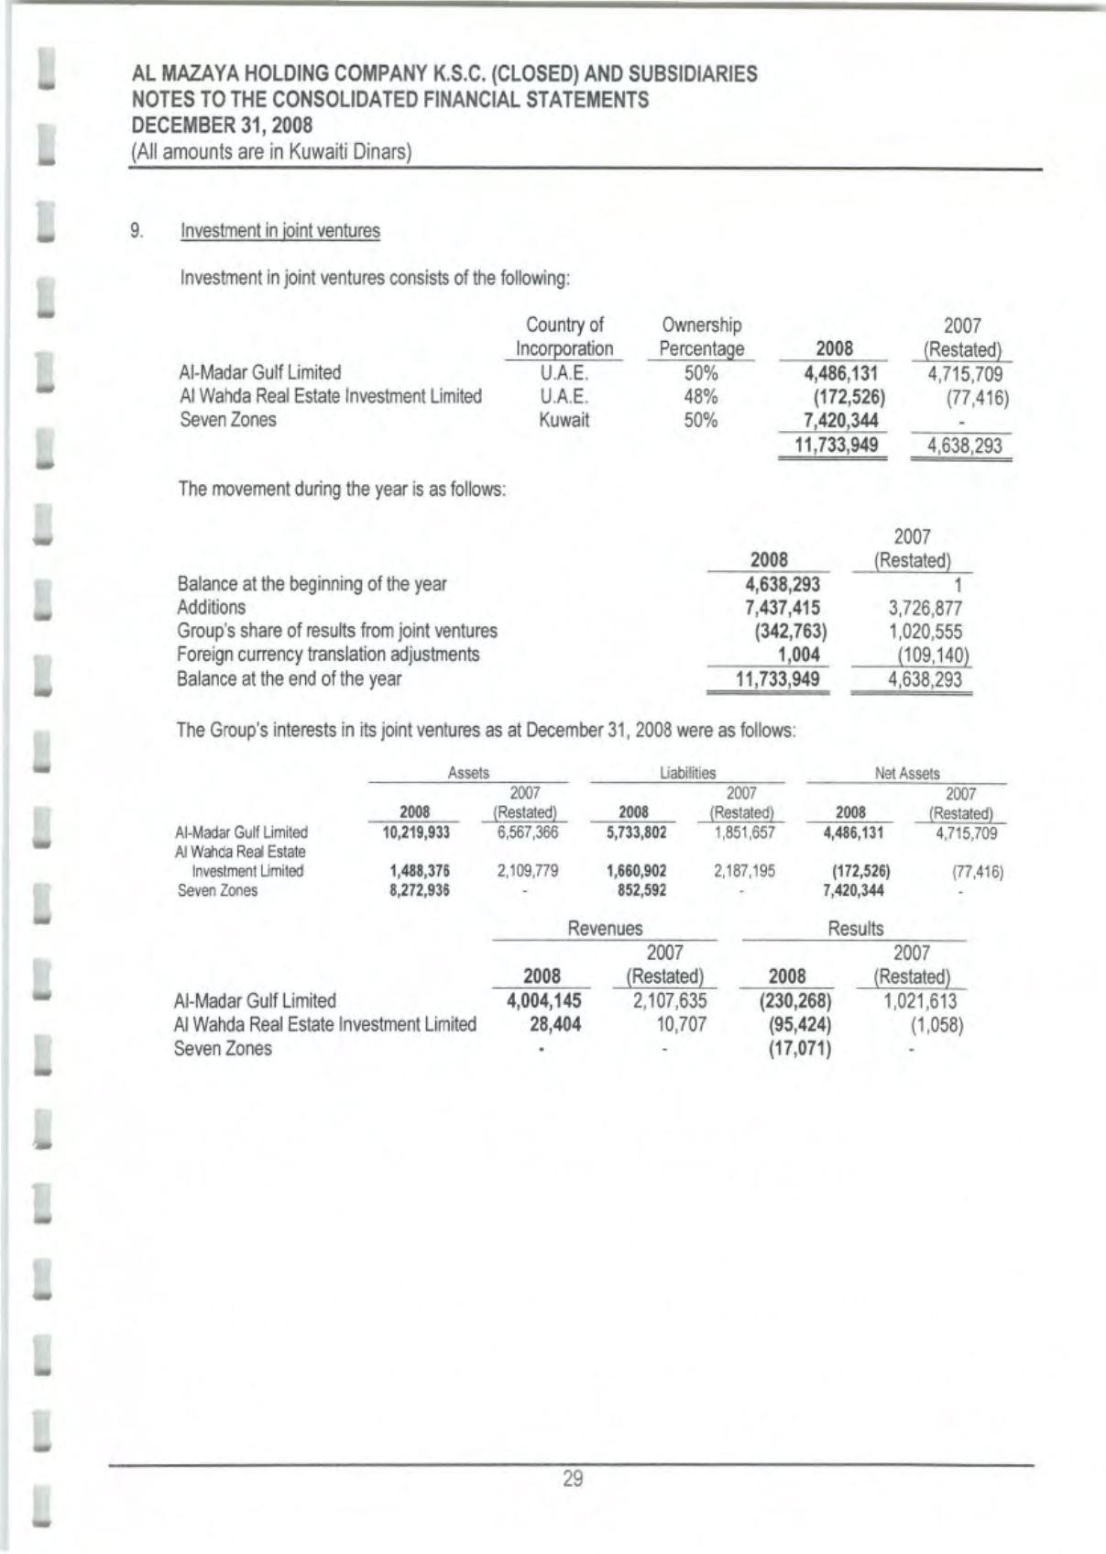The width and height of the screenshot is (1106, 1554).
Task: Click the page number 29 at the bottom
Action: (573, 1478)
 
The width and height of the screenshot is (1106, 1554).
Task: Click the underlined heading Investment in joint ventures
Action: (280, 231)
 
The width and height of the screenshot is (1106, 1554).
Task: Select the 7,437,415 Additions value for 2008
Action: (783, 608)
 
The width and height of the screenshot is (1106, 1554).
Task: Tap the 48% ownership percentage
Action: (701, 397)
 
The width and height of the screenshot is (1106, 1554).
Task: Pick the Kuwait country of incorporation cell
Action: (564, 421)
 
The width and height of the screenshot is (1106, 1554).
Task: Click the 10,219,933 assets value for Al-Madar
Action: (416, 832)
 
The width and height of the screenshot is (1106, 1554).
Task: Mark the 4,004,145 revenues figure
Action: (544, 1000)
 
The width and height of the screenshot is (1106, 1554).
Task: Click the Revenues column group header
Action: (605, 929)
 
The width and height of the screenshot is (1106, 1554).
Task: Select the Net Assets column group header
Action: (907, 774)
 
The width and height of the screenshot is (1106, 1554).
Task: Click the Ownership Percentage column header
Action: (702, 336)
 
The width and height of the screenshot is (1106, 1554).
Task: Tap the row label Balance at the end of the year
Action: (289, 679)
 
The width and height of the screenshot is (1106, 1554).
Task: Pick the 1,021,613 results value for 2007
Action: (919, 1000)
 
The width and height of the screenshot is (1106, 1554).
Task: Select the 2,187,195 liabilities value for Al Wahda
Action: (744, 871)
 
